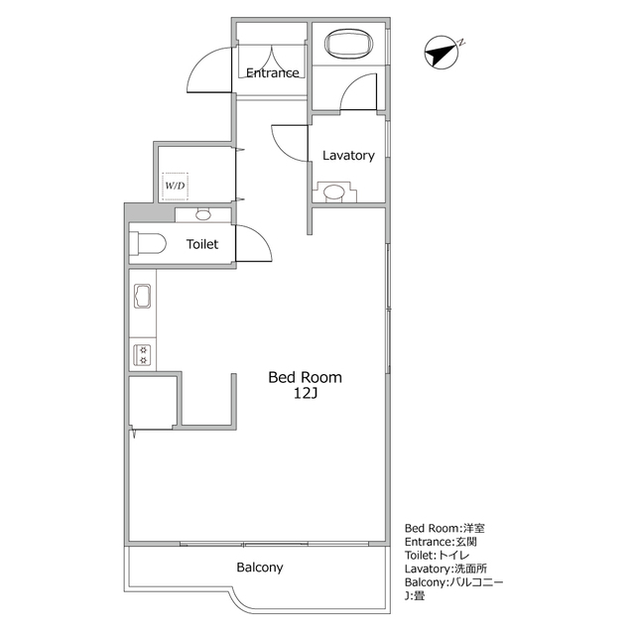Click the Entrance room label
273,72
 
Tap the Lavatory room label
348,156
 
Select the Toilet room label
202,244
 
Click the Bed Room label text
306,377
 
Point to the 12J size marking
306,394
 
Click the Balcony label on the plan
260,569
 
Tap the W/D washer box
175,186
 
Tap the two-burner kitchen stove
141,354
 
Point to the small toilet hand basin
203,214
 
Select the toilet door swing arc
256,243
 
